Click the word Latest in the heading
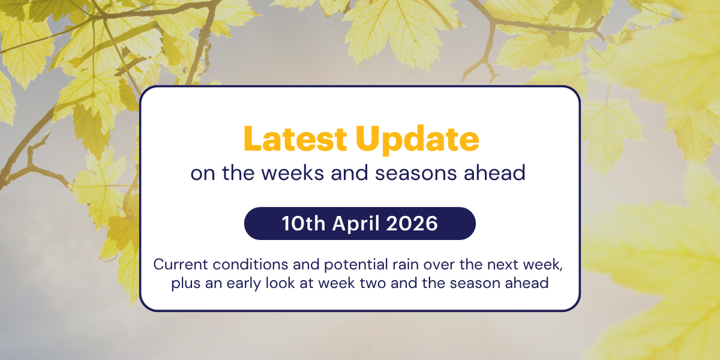tap(296, 139)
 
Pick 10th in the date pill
tap(302, 224)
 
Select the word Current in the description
tap(178, 265)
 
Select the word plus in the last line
tap(184, 283)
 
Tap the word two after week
tap(376, 283)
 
